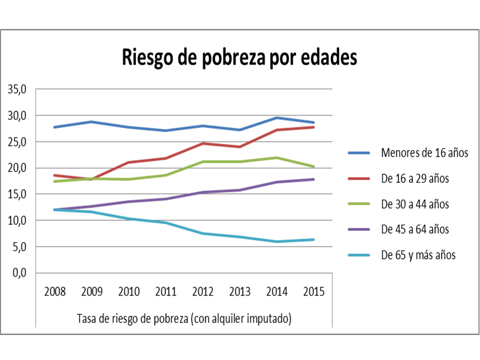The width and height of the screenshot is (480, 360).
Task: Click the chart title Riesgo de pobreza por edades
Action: [239, 57]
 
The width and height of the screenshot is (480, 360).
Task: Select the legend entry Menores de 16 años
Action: [424, 152]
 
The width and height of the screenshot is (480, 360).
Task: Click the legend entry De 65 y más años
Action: [418, 255]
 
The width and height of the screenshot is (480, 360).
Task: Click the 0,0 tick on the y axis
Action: [19, 272]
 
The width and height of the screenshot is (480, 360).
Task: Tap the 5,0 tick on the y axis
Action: [19, 246]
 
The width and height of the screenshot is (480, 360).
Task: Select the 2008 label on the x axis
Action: [55, 291]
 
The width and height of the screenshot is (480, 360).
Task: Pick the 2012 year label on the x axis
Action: [203, 291]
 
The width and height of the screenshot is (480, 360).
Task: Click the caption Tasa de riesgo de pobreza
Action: [184, 318]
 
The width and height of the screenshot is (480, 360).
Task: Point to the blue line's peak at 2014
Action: [277, 118]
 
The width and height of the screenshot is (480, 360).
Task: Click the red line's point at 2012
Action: [203, 143]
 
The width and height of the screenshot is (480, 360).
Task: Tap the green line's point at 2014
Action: [277, 157]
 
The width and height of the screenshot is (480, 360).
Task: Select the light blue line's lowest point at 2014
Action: [277, 241]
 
